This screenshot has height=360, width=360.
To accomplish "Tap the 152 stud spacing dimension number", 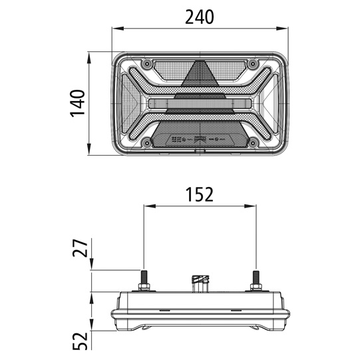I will (x=199, y=194).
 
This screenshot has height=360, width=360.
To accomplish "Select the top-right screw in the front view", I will (x=253, y=64).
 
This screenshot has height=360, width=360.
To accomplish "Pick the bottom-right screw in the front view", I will (x=253, y=142).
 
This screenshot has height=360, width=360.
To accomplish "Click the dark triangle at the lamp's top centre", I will (x=199, y=75).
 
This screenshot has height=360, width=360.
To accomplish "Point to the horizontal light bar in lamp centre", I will (x=199, y=104).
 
